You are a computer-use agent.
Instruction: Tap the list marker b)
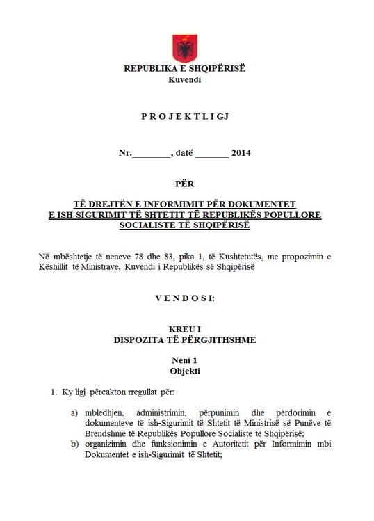pyautogui.click(x=74, y=446)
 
